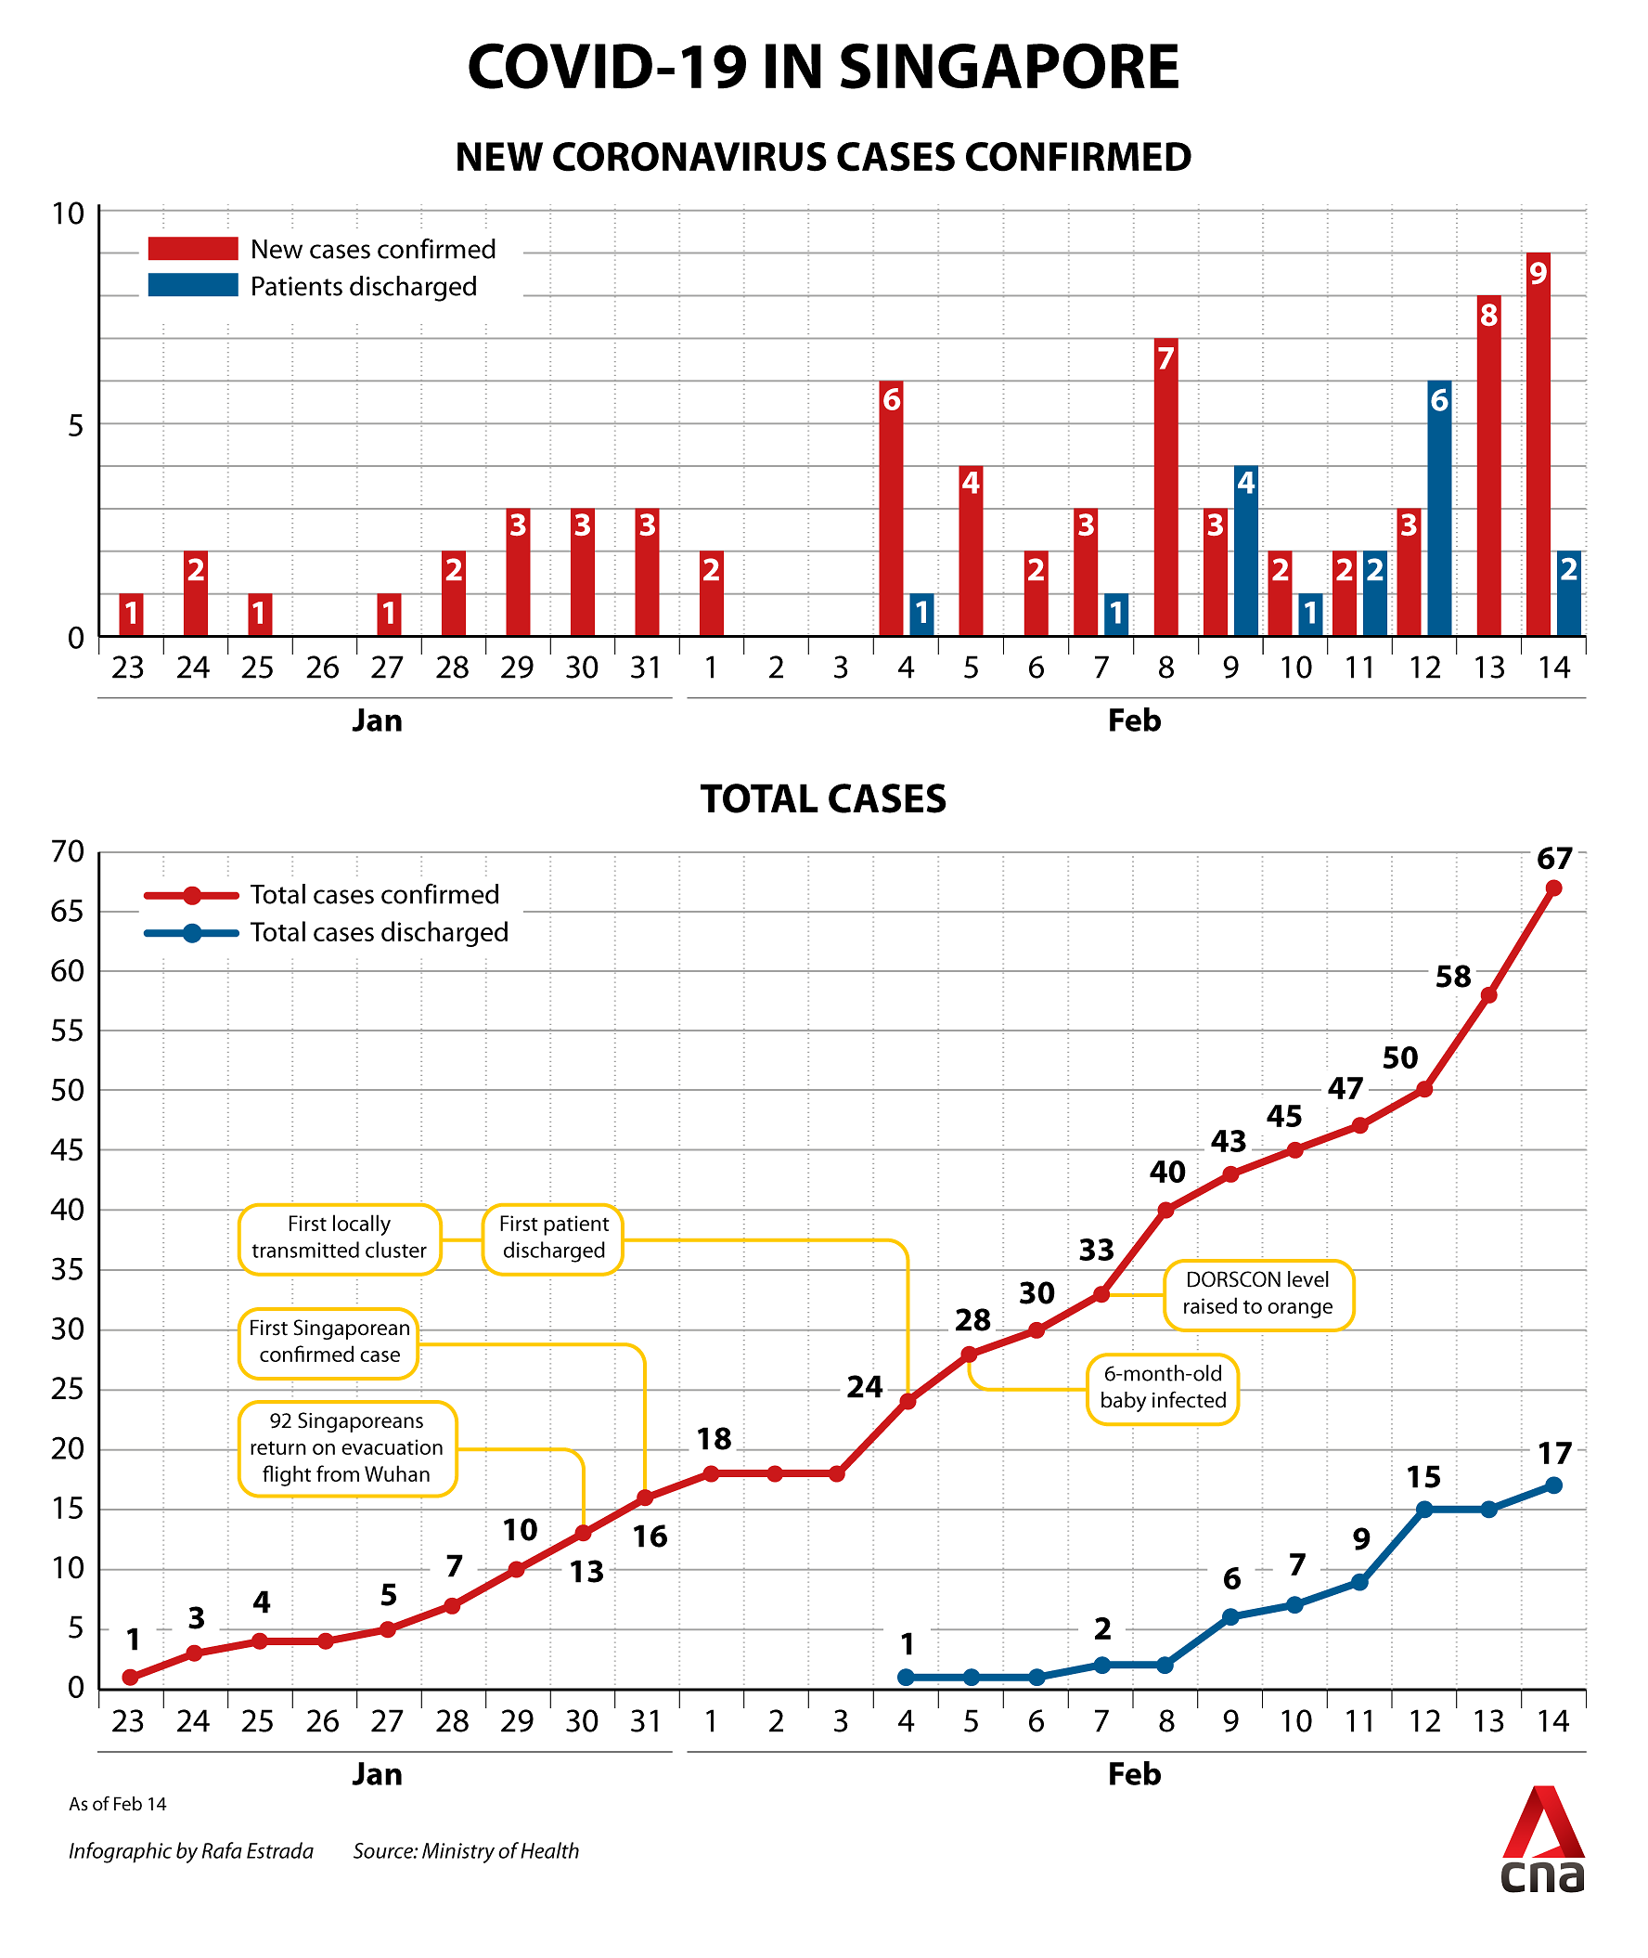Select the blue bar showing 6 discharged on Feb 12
(1439, 510)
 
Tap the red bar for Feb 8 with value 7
(1165, 487)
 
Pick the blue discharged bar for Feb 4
(921, 615)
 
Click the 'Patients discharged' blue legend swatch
(193, 285)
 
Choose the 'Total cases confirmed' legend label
(375, 895)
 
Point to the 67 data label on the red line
(1554, 858)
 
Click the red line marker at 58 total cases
(1489, 995)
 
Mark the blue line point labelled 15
(1424, 1510)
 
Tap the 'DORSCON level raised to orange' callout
(1258, 1293)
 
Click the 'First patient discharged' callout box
(553, 1238)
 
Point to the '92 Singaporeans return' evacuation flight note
(347, 1447)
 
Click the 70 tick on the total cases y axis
(68, 851)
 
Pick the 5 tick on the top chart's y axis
(76, 425)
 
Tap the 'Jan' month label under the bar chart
(378, 720)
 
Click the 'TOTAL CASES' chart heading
(823, 799)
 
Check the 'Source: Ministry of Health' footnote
(466, 1850)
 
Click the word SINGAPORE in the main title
(1009, 67)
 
